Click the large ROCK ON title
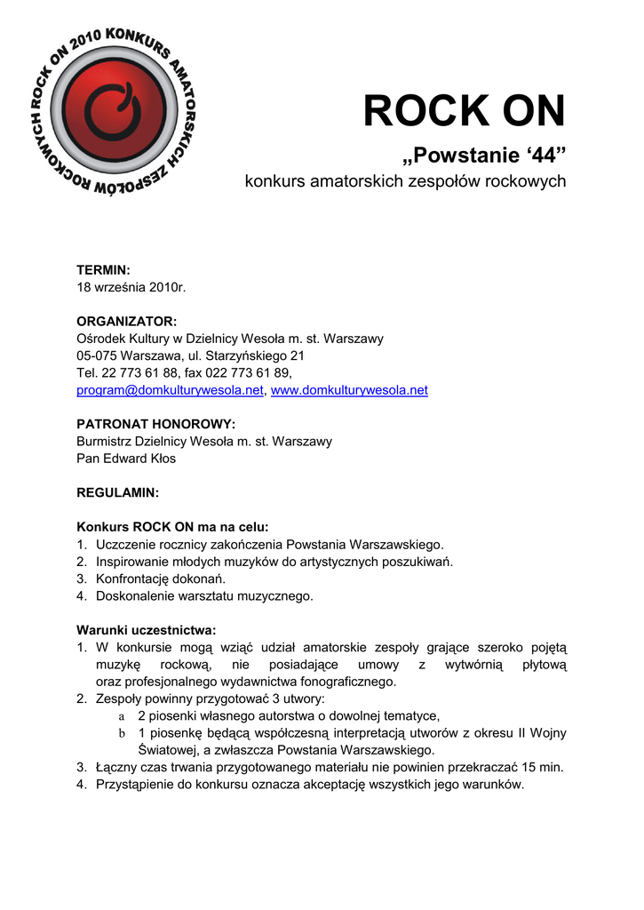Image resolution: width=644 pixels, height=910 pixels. pos(464,112)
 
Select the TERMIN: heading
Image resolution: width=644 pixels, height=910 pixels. pos(103,269)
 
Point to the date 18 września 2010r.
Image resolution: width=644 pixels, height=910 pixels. pos(131,286)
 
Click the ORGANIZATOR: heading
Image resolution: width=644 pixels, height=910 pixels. pos(126,321)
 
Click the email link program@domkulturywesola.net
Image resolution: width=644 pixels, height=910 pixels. pos(170,390)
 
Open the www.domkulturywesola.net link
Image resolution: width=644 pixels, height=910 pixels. pos(348,390)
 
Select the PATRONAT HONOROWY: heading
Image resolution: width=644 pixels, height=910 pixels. pos(155,424)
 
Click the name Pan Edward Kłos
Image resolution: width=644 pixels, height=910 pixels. pos(126,459)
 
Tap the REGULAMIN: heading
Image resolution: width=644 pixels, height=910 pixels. pos(118,492)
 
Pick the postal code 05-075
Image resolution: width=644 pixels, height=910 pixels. pos(97,355)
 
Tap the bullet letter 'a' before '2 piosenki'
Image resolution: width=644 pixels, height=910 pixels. pos(122,716)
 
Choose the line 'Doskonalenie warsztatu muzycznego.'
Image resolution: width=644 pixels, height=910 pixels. pos(204,595)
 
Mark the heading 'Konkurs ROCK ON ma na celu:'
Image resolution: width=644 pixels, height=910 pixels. pos(172,527)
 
